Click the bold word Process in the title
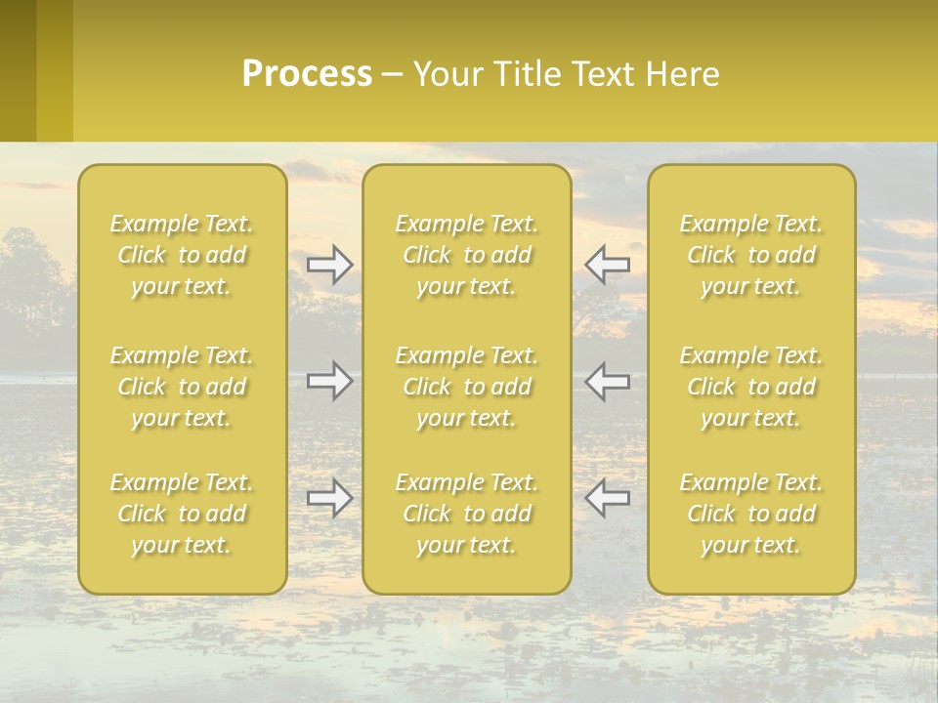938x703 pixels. tap(307, 74)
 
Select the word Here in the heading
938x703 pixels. tap(682, 74)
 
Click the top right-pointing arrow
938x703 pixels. tap(330, 265)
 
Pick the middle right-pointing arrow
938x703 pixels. tap(330, 381)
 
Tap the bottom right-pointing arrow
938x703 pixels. tap(330, 498)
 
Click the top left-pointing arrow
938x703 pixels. tap(607, 265)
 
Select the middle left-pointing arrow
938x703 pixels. tap(607, 381)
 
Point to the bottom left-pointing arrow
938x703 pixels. tap(607, 498)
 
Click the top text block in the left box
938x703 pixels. tap(182, 255)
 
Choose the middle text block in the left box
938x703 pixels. tap(182, 387)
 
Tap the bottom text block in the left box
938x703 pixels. tap(182, 514)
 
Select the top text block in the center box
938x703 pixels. tap(466, 255)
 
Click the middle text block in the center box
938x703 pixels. tap(466, 387)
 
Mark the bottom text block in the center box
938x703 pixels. tap(466, 514)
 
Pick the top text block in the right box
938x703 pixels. tap(751, 255)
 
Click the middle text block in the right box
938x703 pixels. tap(751, 387)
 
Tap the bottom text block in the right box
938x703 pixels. tap(751, 514)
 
